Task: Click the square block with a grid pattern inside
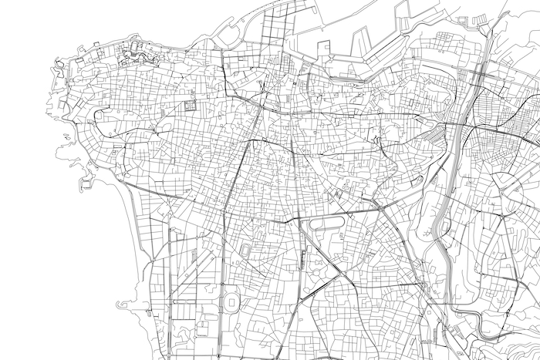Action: coord(190,105)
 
